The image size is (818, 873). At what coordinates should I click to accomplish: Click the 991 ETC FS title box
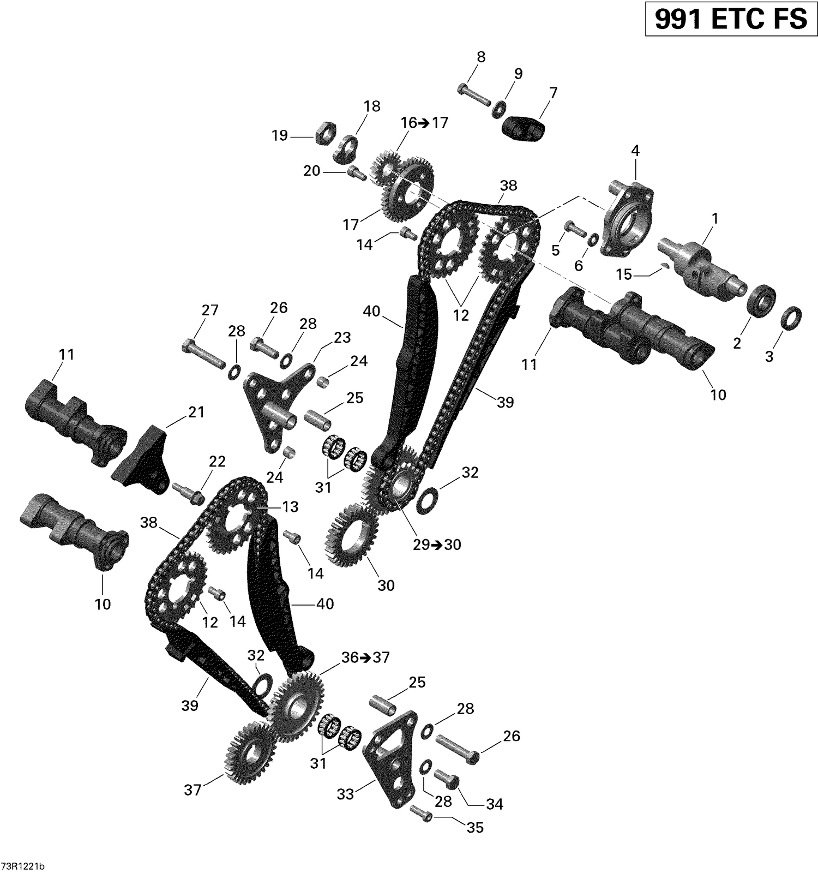pos(731,19)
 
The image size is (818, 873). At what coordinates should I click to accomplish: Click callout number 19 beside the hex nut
pos(280,135)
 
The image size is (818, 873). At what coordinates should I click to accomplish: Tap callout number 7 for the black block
pos(553,92)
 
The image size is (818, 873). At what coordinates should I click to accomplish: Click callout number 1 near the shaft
pos(714,218)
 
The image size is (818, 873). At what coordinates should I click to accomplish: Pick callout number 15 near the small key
pos(623,274)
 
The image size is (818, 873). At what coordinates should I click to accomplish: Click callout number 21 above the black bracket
pos(196,412)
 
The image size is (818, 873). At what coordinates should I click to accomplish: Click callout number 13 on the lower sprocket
pos(290,507)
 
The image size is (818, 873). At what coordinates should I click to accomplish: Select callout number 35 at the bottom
pos(475,828)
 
